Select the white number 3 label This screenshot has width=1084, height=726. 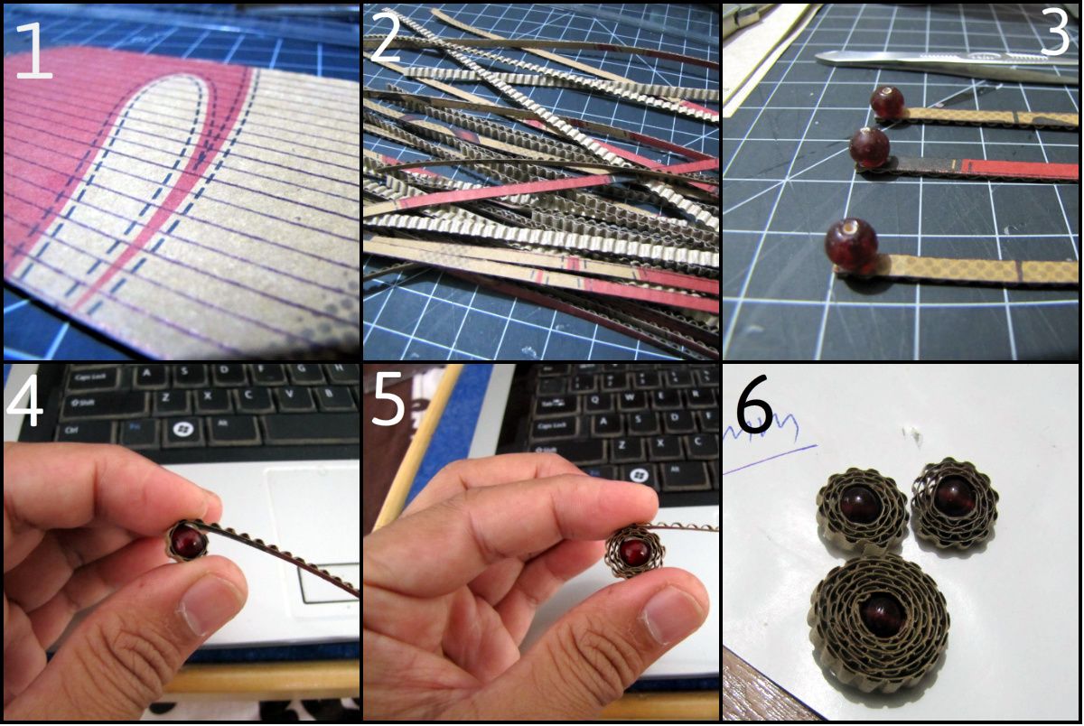click(1053, 35)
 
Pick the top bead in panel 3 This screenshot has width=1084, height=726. click(887, 103)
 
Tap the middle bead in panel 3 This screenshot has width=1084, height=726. click(870, 146)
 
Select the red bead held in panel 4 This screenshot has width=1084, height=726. click(189, 542)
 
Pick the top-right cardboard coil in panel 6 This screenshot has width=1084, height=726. click(953, 500)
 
